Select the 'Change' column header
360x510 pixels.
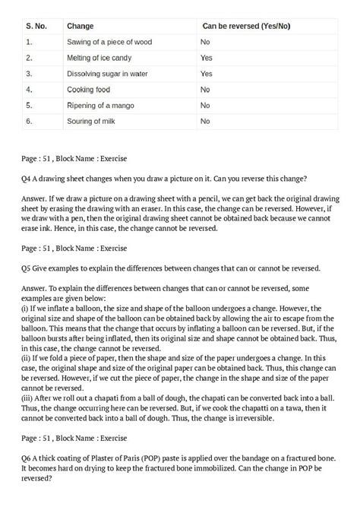click(x=81, y=27)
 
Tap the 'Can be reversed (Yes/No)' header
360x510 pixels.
click(x=245, y=27)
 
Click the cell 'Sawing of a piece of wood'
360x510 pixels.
click(x=110, y=43)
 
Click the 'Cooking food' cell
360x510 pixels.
click(x=88, y=89)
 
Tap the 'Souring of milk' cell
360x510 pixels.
click(x=93, y=121)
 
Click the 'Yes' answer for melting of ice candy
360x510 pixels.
click(x=207, y=58)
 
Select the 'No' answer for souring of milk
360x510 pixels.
click(x=205, y=121)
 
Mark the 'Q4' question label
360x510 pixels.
click(x=27, y=179)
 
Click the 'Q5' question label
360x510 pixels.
click(x=27, y=268)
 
